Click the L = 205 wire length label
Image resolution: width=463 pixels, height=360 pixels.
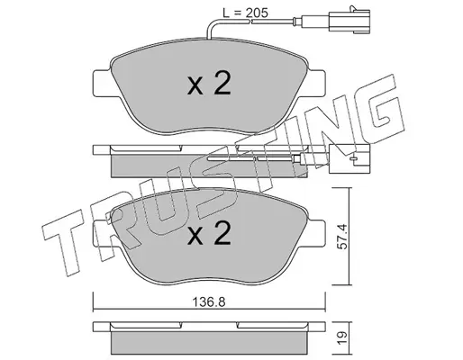[245, 13]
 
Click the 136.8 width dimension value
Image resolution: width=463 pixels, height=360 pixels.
[209, 302]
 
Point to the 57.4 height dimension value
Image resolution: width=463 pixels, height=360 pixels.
[343, 236]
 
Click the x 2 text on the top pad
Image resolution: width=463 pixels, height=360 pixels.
[209, 84]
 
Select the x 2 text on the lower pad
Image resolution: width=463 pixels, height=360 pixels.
[209, 233]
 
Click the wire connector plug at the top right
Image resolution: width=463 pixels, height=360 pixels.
[350, 21]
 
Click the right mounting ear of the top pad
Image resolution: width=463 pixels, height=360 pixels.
[315, 83]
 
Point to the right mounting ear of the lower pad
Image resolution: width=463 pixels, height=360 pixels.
[315, 233]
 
